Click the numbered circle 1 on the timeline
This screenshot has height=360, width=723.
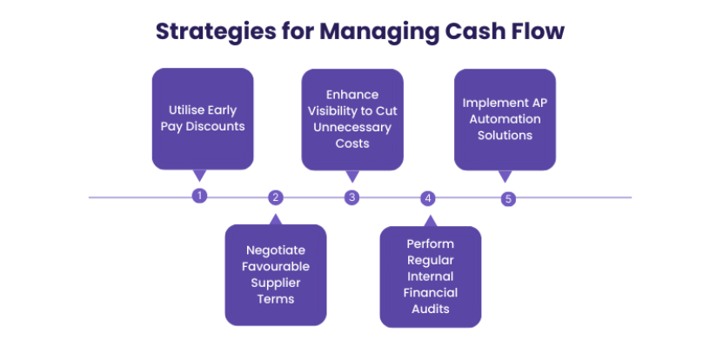click(199, 196)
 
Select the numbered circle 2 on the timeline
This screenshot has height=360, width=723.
click(275, 197)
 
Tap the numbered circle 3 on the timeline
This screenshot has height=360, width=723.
click(351, 197)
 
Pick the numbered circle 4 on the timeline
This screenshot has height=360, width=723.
click(427, 198)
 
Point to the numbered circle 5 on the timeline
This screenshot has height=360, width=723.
click(508, 198)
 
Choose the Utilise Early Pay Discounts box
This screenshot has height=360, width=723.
click(203, 118)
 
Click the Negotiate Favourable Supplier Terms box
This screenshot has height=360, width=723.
click(276, 275)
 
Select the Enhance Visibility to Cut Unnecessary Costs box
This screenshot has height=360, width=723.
click(352, 118)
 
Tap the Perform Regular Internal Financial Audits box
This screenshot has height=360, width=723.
click(430, 277)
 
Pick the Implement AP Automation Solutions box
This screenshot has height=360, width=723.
click(505, 118)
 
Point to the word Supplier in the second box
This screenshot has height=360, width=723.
click(276, 282)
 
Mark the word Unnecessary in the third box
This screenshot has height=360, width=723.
click(352, 127)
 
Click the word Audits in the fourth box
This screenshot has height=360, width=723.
click(430, 308)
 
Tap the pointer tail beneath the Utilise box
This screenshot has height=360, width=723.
click(200, 175)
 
